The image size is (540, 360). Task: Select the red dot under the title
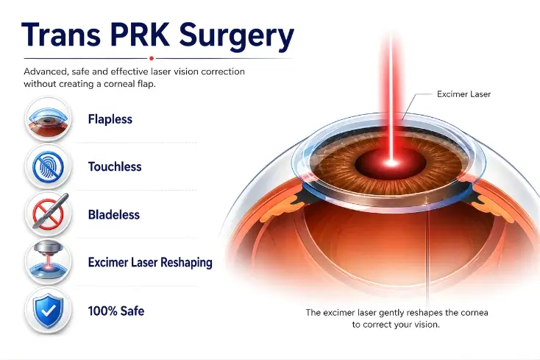click(x=152, y=57)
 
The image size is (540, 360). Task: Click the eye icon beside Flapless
click(x=48, y=119)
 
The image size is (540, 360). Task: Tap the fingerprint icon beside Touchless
click(x=48, y=167)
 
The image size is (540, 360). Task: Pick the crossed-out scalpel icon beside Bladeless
click(x=48, y=215)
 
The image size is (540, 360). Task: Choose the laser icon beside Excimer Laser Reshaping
click(x=48, y=262)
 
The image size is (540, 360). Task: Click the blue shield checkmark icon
click(x=48, y=310)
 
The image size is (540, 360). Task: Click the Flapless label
click(x=110, y=119)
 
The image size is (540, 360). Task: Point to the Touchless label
click(x=114, y=167)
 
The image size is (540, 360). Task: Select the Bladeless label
click(x=113, y=215)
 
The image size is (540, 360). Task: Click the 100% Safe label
click(x=116, y=310)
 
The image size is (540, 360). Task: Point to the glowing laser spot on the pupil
click(x=393, y=161)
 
